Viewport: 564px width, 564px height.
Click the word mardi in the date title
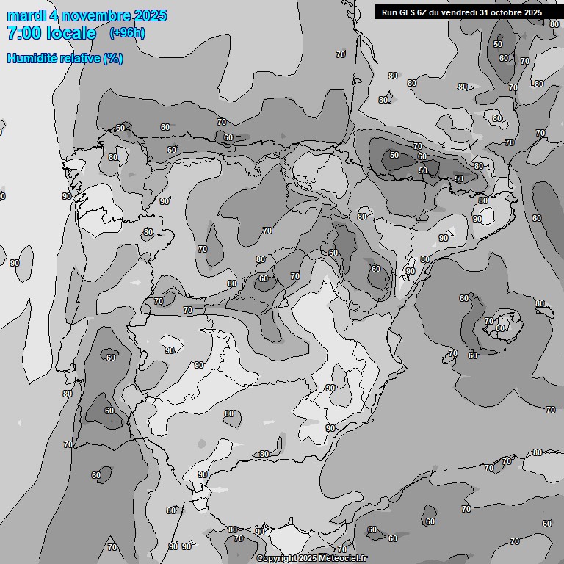(x=26, y=15)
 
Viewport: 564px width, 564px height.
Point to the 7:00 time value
(x=24, y=33)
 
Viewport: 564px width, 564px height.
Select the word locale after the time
(x=73, y=33)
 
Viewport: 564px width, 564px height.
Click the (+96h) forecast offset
(x=126, y=33)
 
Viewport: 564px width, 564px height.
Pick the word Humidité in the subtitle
(x=31, y=58)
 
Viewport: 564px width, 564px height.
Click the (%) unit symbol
(x=112, y=58)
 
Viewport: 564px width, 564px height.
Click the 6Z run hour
(x=424, y=12)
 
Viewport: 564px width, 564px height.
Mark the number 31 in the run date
(x=484, y=12)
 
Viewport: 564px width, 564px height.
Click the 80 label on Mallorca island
(x=500, y=328)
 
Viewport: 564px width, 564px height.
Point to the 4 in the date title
(x=54, y=15)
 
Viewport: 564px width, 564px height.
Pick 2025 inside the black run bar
(x=533, y=12)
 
